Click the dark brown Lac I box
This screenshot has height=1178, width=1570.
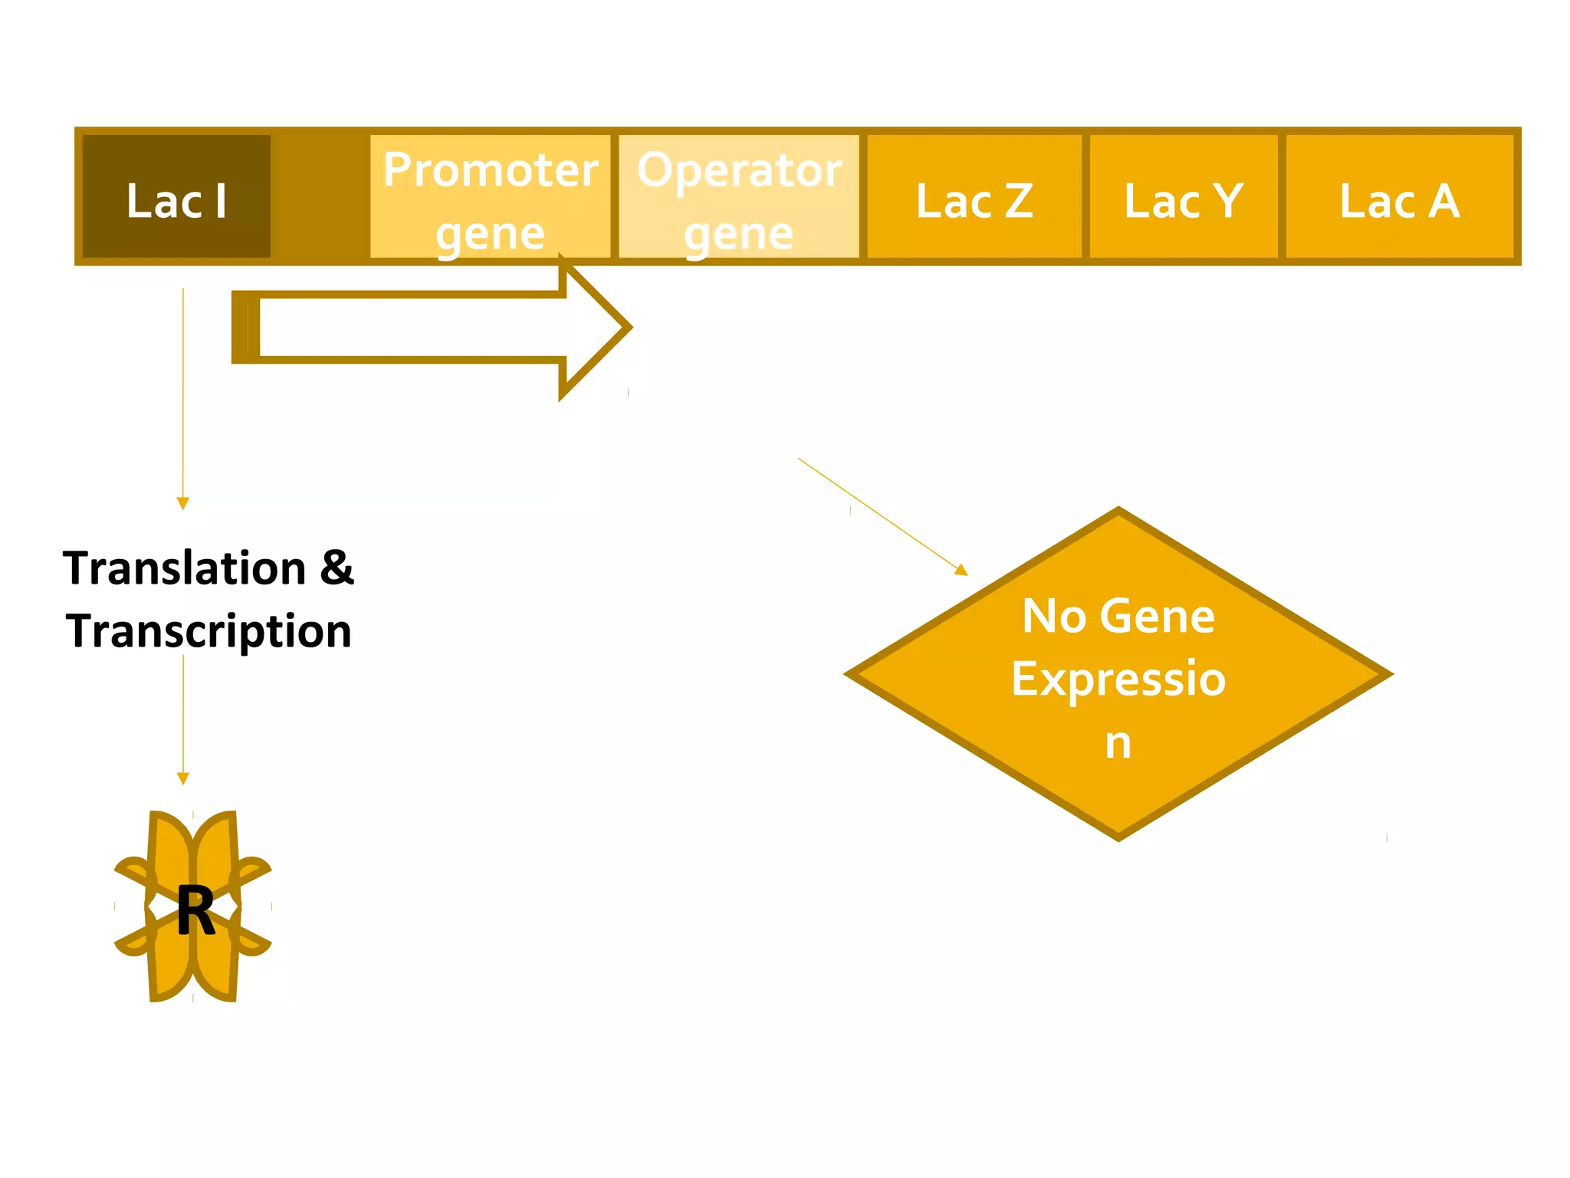tap(176, 197)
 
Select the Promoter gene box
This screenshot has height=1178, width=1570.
tap(491, 197)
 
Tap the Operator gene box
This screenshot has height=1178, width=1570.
tap(739, 197)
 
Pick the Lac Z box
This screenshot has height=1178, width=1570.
tap(974, 197)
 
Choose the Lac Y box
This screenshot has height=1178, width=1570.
tap(1184, 197)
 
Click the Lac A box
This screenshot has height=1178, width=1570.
tap(1400, 197)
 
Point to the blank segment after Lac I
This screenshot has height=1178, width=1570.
tap(320, 197)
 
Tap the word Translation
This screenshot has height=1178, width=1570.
tap(185, 568)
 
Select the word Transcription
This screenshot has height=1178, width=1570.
tap(209, 631)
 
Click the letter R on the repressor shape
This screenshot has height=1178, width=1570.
tap(195, 910)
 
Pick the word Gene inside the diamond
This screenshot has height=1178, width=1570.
tap(1161, 616)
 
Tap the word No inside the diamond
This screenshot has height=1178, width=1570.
tap(1054, 616)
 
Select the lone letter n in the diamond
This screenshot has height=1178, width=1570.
tap(1118, 742)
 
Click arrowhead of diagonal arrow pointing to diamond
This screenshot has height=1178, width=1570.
tap(961, 569)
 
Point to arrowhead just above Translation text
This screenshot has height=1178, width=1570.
tap(182, 503)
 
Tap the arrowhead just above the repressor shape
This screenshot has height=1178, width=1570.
tap(182, 778)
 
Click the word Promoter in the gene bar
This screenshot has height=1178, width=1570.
tap(491, 169)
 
